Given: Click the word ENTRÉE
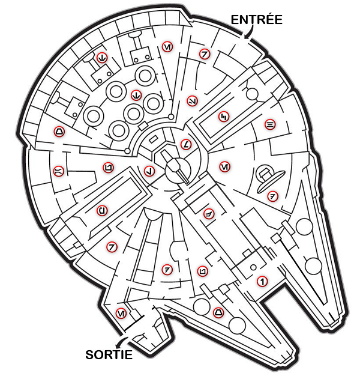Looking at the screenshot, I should pyautogui.click(x=256, y=19).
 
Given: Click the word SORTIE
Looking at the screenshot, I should pyautogui.click(x=109, y=354).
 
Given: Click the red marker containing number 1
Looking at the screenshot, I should pyautogui.click(x=262, y=280).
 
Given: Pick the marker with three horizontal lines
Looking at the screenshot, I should pyautogui.click(x=270, y=124).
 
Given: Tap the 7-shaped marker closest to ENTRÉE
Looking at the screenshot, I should pyautogui.click(x=205, y=54).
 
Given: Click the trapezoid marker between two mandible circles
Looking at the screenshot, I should pyautogui.click(x=218, y=312).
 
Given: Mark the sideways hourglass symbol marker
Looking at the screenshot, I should pyautogui.click(x=58, y=171).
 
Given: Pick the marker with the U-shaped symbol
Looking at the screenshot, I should pyautogui.click(x=103, y=210).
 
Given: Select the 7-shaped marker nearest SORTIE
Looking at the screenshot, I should pyautogui.click(x=111, y=246).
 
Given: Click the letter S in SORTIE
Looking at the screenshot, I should pyautogui.click(x=88, y=354).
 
